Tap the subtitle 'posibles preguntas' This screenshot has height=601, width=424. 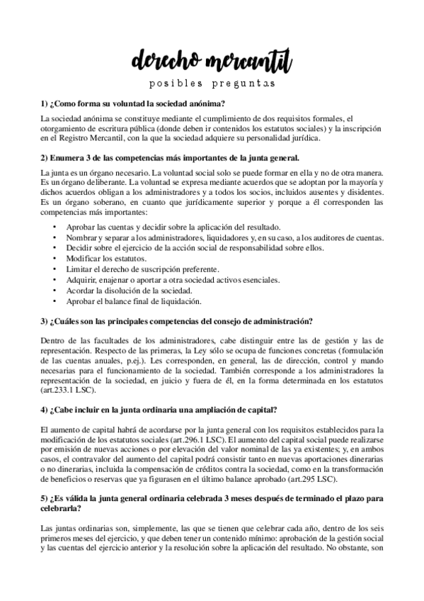point(211,84)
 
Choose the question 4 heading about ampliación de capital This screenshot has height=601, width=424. point(159,410)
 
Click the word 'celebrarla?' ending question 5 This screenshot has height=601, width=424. point(62,508)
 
